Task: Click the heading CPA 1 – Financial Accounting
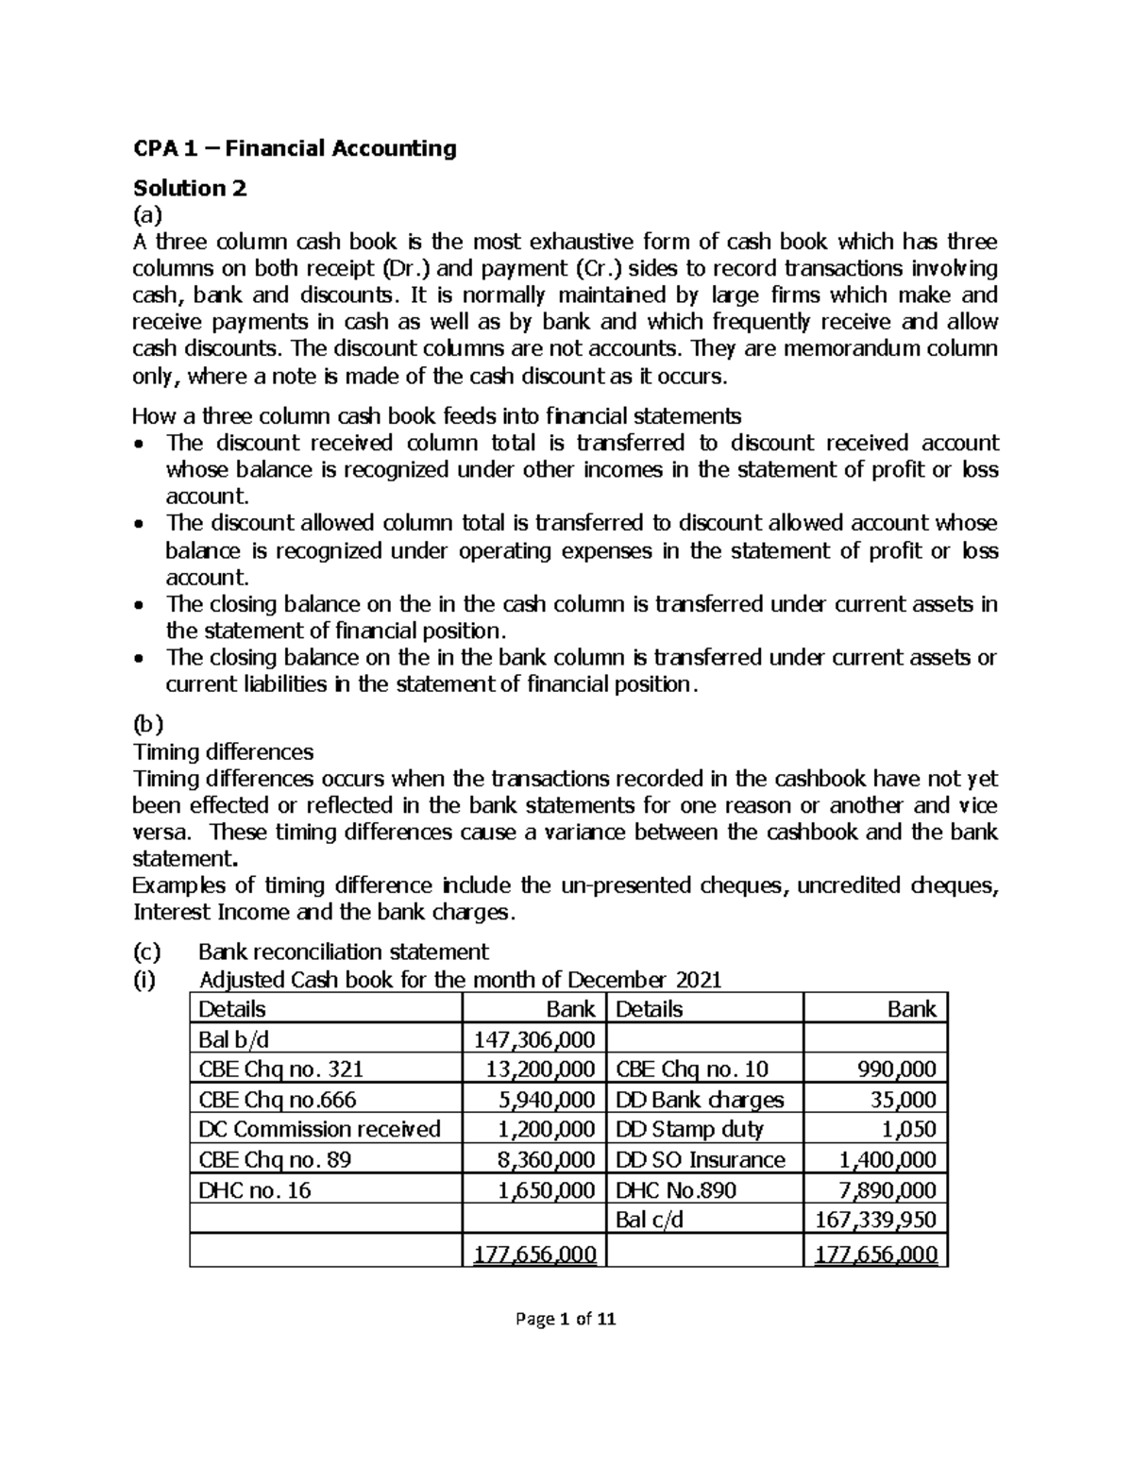pyautogui.click(x=294, y=148)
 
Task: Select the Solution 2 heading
pyautogui.click(x=189, y=188)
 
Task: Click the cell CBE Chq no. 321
pyautogui.click(x=280, y=1070)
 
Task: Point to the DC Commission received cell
pyautogui.click(x=319, y=1130)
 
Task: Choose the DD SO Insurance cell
pyautogui.click(x=700, y=1160)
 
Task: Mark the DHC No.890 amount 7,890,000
pyautogui.click(x=888, y=1190)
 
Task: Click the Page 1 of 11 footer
pyautogui.click(x=566, y=1320)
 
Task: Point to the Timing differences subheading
pyautogui.click(x=223, y=752)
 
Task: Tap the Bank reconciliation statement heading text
pyautogui.click(x=344, y=952)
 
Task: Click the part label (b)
pyautogui.click(x=147, y=725)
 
